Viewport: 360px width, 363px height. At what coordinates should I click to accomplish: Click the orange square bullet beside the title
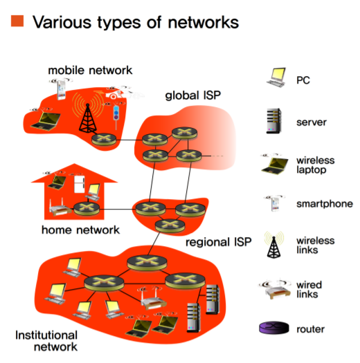coord(17,21)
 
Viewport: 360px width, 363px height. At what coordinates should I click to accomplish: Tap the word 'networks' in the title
coord(204,22)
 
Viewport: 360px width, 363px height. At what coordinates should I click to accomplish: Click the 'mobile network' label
coord(90,71)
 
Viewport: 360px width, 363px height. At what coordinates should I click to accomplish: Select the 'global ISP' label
coord(193,95)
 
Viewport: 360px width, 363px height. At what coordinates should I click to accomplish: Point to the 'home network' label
coord(80,230)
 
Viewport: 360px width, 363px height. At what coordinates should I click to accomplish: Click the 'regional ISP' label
coord(219,242)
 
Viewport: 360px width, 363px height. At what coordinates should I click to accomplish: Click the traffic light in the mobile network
coord(116,116)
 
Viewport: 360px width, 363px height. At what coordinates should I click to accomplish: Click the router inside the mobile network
coord(104,140)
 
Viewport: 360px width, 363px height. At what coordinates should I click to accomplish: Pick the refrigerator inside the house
coord(80,185)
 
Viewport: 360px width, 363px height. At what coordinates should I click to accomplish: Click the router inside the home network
coord(87,209)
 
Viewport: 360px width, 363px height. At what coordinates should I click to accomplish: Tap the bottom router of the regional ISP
coord(170,225)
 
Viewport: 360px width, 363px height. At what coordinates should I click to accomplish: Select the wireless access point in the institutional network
coord(153,299)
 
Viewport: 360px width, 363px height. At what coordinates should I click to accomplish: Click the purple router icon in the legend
coord(274,328)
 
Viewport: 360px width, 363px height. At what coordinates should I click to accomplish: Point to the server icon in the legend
coord(274,121)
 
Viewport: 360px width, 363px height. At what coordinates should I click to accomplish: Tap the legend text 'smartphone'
coord(325,204)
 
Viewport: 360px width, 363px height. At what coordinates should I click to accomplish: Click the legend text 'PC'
coord(303,80)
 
